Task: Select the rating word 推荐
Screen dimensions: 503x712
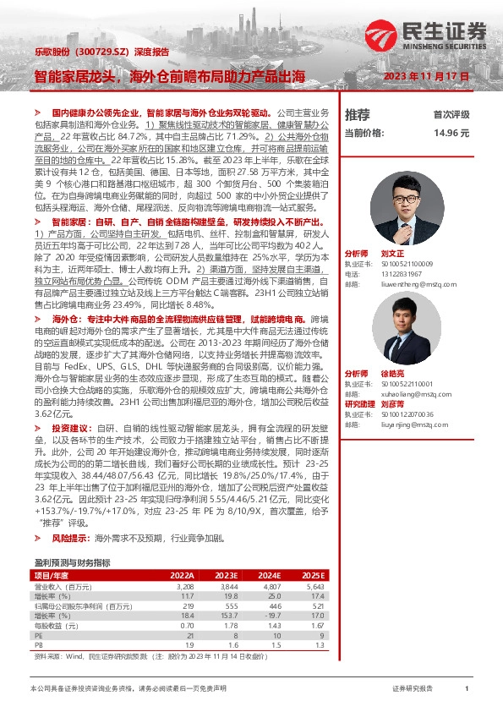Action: [358, 114]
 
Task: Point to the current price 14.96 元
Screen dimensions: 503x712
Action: [451, 133]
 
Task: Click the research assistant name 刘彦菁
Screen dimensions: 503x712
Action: [394, 403]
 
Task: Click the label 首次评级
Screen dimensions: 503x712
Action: [451, 114]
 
